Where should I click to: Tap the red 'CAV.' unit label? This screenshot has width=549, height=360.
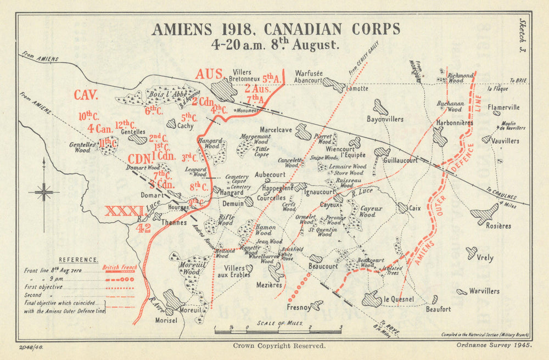(86, 95)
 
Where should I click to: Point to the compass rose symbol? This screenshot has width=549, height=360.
(44, 192)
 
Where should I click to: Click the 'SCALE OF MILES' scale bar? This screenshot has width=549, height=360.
(277, 329)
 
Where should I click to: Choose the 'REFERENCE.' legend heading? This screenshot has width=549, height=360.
(79, 260)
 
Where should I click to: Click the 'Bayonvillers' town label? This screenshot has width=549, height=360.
(385, 119)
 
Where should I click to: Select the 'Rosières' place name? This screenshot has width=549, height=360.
(498, 226)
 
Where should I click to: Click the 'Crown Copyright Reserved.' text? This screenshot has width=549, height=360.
(279, 346)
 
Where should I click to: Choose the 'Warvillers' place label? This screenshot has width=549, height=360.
(485, 291)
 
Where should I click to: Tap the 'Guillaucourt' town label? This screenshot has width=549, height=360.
(401, 160)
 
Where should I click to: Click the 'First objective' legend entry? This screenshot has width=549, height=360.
(43, 286)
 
